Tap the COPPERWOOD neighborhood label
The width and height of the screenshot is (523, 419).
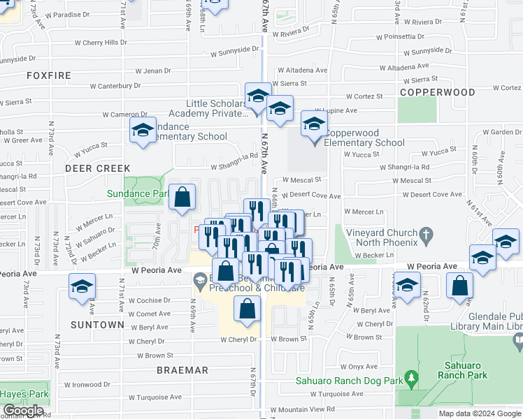click(438, 92)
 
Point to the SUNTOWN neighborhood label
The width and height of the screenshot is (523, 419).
click(97, 325)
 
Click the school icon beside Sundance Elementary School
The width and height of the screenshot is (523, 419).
click(143, 130)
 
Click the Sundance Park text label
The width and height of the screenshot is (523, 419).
click(138, 193)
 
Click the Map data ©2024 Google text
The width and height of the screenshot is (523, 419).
click(480, 413)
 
